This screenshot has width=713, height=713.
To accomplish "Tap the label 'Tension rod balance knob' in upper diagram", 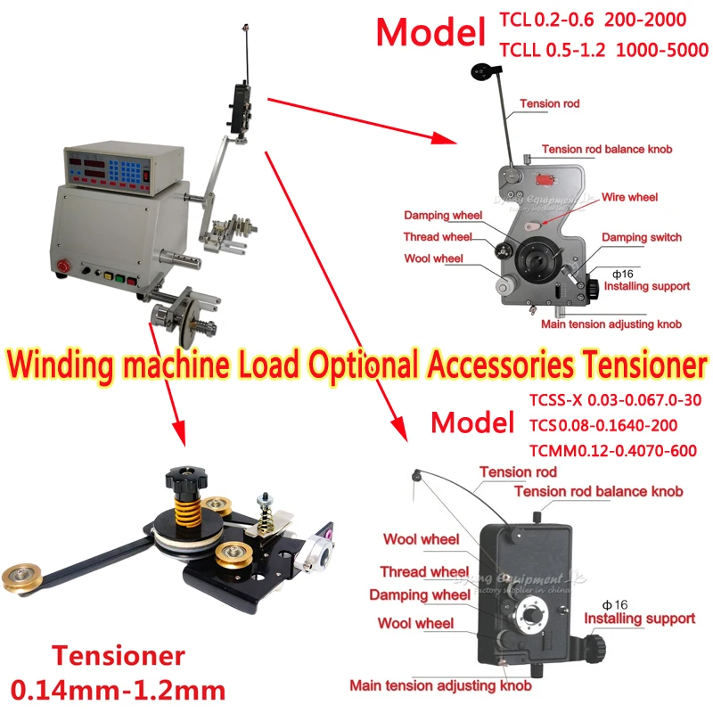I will pyautogui.click(x=606, y=150).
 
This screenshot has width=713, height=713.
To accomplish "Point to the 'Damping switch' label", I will pyautogui.click(x=641, y=238).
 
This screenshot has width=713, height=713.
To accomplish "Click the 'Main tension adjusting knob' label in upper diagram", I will pyautogui.click(x=611, y=324).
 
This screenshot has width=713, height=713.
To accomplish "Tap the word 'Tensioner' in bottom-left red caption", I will pyautogui.click(x=118, y=658).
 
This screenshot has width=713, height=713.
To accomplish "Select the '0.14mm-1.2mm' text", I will pyautogui.click(x=118, y=689).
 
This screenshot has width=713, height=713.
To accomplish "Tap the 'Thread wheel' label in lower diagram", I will pyautogui.click(x=424, y=572).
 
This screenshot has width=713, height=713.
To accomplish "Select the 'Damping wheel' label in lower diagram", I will pyautogui.click(x=420, y=595).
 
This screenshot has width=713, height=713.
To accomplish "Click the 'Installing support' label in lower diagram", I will pyautogui.click(x=639, y=619).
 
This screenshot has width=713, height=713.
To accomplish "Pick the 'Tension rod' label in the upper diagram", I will pyautogui.click(x=550, y=104).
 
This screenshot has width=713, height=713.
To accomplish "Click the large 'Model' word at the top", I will pyautogui.click(x=429, y=32).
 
